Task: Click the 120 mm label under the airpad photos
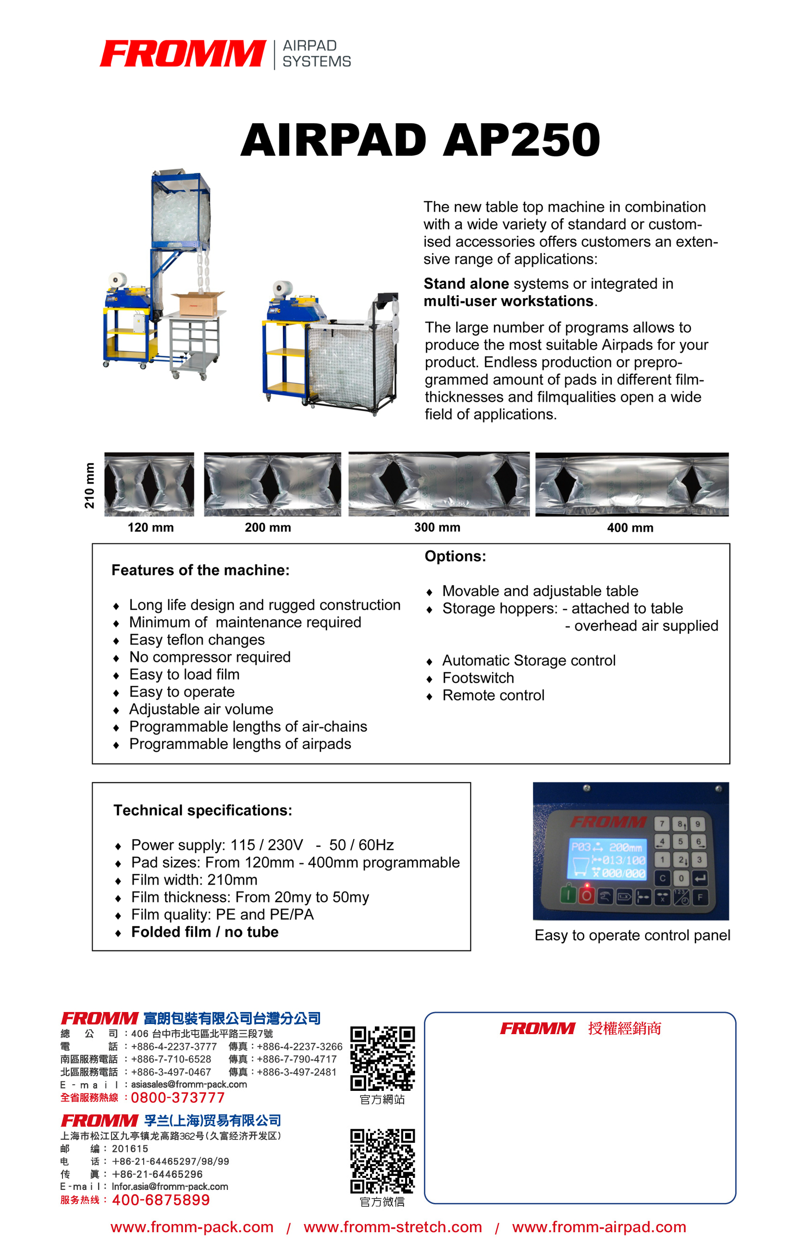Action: (151, 527)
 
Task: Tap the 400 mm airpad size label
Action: (630, 527)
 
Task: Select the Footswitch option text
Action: (478, 678)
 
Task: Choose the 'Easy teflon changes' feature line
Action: (197, 639)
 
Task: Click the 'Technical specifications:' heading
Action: (203, 810)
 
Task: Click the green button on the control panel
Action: (568, 895)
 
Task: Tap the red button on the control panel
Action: (587, 895)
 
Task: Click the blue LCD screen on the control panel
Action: (606, 859)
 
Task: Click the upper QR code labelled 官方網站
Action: (382, 1058)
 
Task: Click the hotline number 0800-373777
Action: (177, 1098)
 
